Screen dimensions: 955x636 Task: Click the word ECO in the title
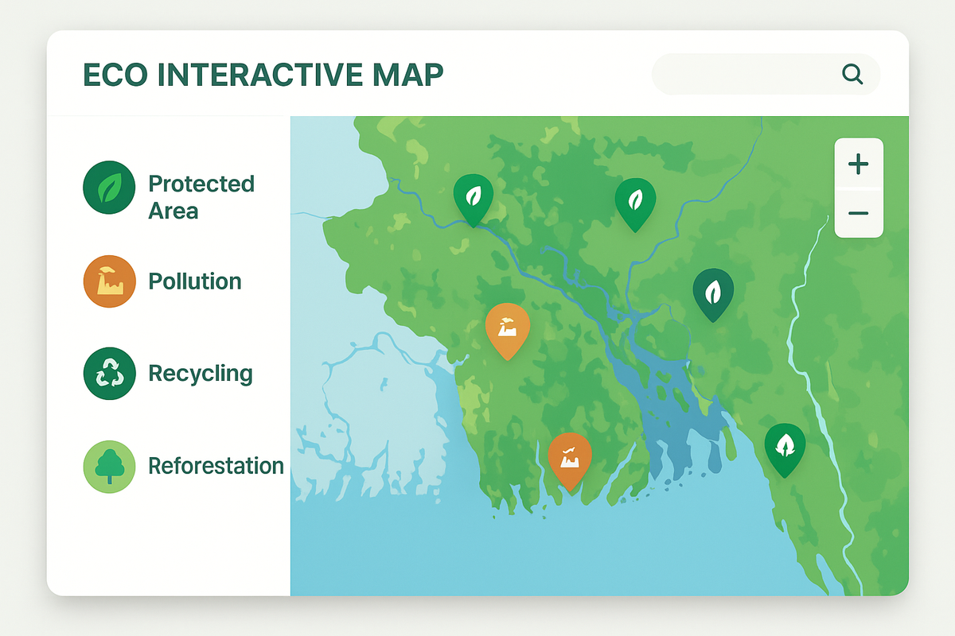[x=115, y=75]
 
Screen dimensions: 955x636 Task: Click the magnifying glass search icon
[x=852, y=75]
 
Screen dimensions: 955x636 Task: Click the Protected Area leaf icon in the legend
[x=109, y=188]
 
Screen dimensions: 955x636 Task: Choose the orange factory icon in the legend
[x=110, y=281]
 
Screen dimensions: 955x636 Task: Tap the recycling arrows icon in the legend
[x=110, y=374]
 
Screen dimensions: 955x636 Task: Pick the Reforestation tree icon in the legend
[x=110, y=467]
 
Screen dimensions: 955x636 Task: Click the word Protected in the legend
[x=201, y=184]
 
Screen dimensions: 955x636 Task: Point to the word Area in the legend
[x=173, y=211]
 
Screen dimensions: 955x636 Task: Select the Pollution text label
[x=195, y=281]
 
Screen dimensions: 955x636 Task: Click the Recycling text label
[x=201, y=374]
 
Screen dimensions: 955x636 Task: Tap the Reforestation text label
[x=216, y=466]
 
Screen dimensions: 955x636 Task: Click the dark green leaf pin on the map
[x=713, y=295]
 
